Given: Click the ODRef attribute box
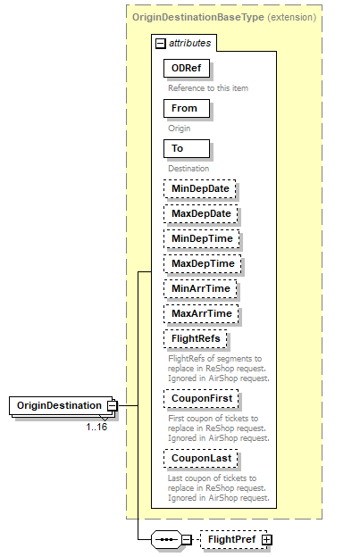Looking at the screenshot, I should pos(186,68).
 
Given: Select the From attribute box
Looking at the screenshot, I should pos(185,108).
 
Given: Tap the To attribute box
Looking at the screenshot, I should pos(185,148).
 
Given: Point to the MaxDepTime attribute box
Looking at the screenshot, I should pos(203,264).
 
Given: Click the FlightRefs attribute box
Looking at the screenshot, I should pos(196,339).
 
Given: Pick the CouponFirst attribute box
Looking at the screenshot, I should pos(201,398).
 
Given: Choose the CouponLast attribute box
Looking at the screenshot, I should pos(201,458).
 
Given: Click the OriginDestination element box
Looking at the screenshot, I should pos(57,405).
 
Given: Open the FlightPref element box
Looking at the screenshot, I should pos(231,539).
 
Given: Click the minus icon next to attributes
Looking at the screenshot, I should pos(160,43).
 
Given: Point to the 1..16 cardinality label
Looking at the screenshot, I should pos(96,427).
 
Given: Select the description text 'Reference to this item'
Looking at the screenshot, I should pos(208,87).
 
